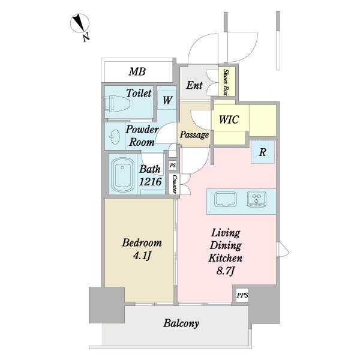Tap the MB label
(x=137, y=71)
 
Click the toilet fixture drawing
(x=118, y=104)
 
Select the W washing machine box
(x=167, y=100)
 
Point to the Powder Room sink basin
(x=115, y=137)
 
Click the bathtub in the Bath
(x=122, y=174)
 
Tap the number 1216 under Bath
(x=151, y=182)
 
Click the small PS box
(x=173, y=165)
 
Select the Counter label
(x=175, y=184)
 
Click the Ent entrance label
(x=194, y=85)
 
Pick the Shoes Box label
(x=226, y=82)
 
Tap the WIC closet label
(x=229, y=119)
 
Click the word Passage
(x=194, y=135)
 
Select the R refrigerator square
(x=263, y=152)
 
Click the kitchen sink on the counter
(x=226, y=199)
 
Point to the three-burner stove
(x=257, y=199)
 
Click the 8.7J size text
(x=226, y=271)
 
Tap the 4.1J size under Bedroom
(x=142, y=256)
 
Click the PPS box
(x=242, y=295)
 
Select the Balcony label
(x=181, y=323)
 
